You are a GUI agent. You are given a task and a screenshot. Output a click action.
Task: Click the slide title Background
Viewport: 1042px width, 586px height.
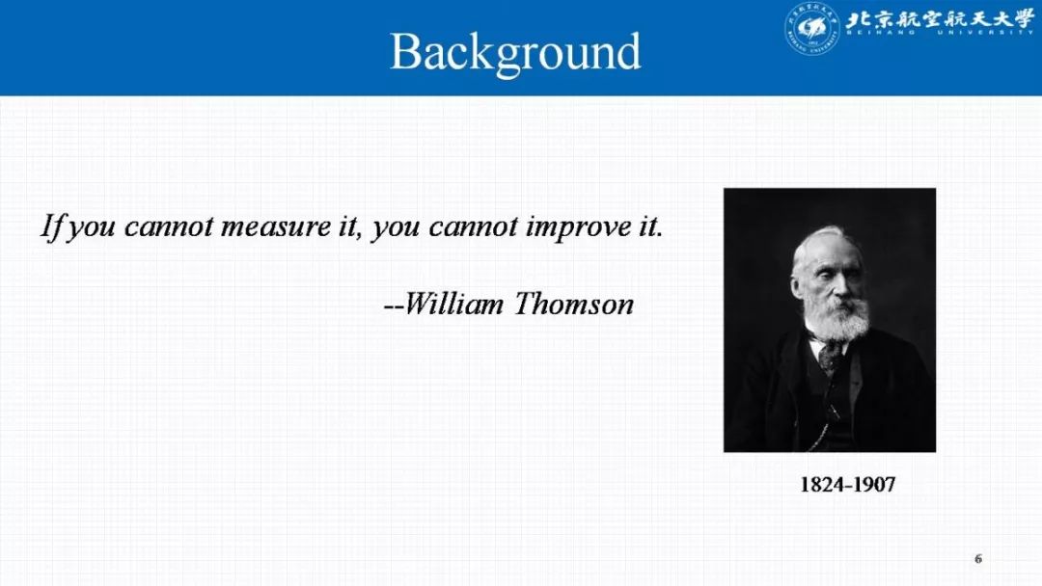click(x=515, y=52)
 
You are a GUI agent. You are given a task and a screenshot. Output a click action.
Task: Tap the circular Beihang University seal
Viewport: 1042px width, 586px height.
click(x=811, y=28)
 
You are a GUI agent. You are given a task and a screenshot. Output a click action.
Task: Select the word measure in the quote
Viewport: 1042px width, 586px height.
click(x=276, y=226)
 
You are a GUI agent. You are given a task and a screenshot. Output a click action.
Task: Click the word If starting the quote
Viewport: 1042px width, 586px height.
click(x=53, y=226)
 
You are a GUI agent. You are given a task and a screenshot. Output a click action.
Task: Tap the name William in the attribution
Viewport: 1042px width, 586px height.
click(x=453, y=304)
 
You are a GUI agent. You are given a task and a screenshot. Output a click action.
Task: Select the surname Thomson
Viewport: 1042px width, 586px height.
click(x=574, y=304)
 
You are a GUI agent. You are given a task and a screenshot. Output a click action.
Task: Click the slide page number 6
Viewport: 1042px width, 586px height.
click(x=978, y=559)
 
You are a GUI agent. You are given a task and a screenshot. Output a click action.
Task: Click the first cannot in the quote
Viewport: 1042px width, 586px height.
click(x=169, y=226)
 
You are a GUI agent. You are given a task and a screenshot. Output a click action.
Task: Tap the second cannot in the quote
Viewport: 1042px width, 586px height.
click(x=473, y=226)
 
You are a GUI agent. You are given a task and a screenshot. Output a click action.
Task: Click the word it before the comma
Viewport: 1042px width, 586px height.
click(x=347, y=226)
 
